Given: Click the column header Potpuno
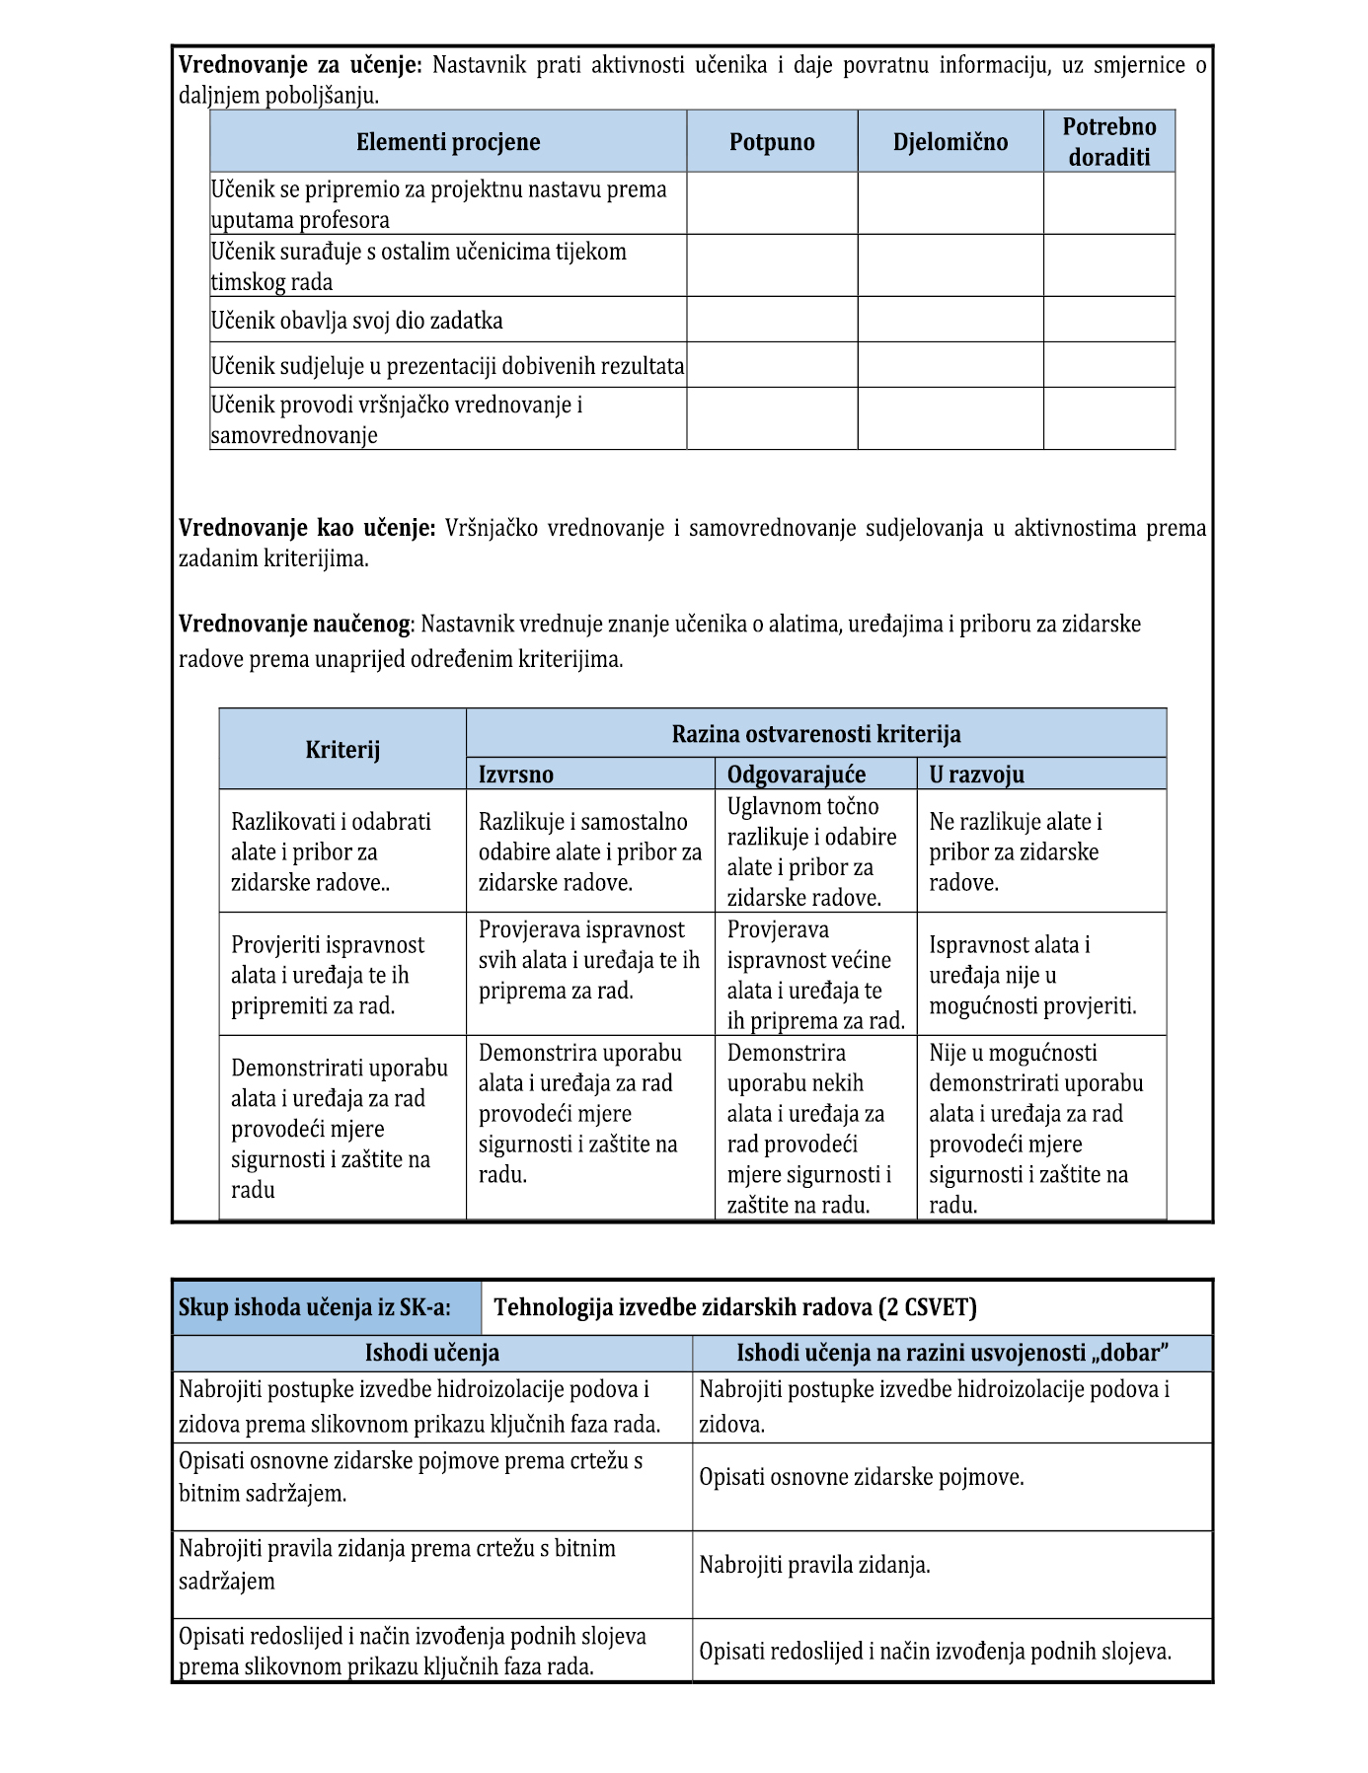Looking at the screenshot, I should coord(772,142).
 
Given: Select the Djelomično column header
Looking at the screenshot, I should coord(950,142).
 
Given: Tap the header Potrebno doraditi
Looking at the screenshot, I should coord(1108,142).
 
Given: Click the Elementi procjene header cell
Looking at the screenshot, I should coord(448,142).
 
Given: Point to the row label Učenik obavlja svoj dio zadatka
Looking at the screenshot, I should coord(356,321).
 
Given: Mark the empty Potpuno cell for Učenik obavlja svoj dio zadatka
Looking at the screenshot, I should coord(772,320).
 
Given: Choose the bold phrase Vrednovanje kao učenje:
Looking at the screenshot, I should coord(306,529).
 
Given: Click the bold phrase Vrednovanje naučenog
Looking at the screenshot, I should coord(293,625).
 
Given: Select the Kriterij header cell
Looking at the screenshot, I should coord(342,750).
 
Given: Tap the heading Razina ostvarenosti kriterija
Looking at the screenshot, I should coord(815,734).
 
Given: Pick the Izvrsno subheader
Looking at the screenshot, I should coord(515,775).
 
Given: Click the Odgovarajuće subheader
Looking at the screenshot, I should coord(796,775).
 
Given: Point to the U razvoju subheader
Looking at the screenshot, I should coord(976,775).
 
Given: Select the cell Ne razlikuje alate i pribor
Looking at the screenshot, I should coord(1016,851).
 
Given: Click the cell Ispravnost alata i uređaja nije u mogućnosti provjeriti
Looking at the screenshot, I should coord(1031,975).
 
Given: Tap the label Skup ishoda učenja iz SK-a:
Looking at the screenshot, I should coord(315,1308).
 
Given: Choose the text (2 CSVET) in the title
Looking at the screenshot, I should coord(928,1308).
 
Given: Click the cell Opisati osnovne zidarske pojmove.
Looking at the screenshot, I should coord(861,1478).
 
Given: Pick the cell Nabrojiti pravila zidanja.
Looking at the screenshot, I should coord(814,1565).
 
